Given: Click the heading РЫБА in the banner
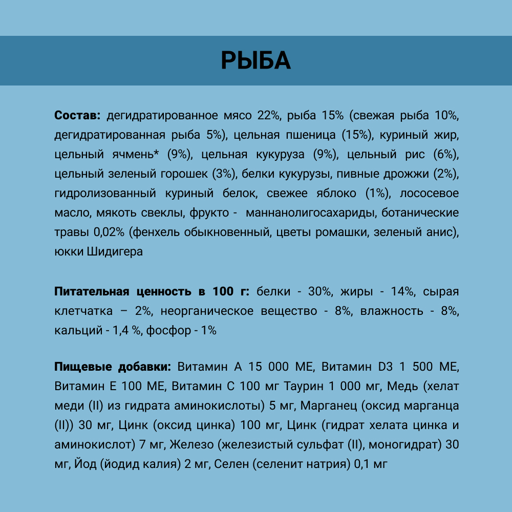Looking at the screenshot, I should (256, 60).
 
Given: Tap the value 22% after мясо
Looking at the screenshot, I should (269, 115).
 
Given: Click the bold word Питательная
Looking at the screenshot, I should (91, 292).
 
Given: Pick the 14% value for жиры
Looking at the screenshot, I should (402, 292).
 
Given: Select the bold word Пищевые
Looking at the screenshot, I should (78, 367).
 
